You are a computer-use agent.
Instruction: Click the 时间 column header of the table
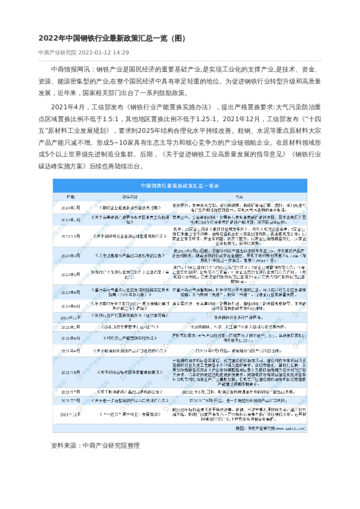[x=71, y=197]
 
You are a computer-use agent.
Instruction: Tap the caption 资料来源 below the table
[x=65, y=445]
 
